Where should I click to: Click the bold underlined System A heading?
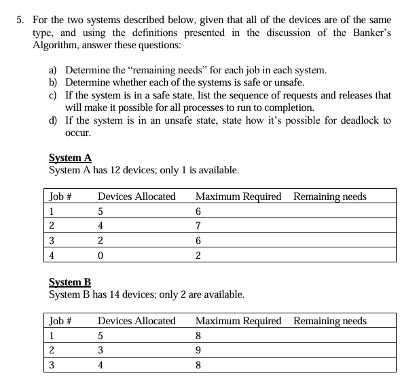click(x=71, y=158)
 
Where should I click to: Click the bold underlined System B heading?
click(x=70, y=282)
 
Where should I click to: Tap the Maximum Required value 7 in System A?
click(x=198, y=226)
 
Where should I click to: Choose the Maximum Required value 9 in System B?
click(x=198, y=350)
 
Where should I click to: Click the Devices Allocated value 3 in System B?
click(x=101, y=350)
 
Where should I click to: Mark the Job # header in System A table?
click(x=60, y=196)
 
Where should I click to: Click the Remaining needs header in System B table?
click(x=329, y=321)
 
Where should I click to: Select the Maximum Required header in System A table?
click(x=238, y=196)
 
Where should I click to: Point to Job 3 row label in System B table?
click(x=52, y=365)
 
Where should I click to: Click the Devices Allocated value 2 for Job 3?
click(x=101, y=241)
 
